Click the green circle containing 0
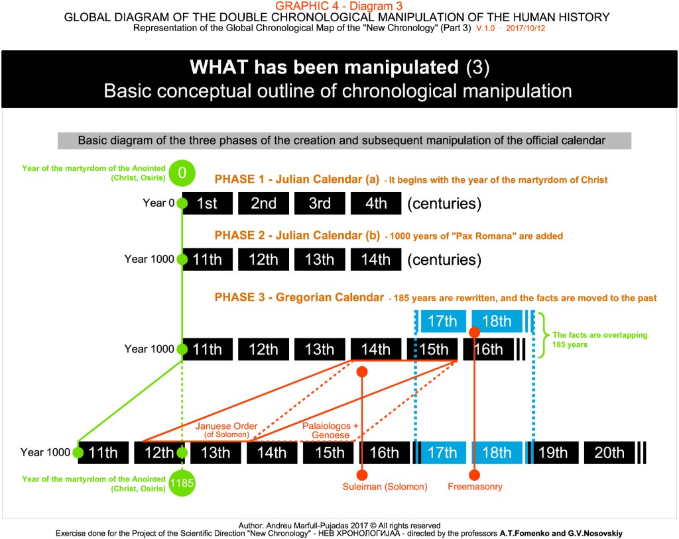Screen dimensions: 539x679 [182, 173]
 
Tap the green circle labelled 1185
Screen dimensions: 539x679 [182, 483]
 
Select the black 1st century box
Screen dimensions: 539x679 [208, 203]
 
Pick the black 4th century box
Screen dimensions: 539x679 [376, 203]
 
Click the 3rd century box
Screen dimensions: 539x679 [320, 203]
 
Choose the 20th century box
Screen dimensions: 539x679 [609, 453]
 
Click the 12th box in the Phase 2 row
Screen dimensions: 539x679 [263, 259]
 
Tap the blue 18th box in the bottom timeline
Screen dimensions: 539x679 [497, 453]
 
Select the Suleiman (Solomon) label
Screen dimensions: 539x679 [385, 487]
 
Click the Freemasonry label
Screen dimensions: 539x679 [475, 487]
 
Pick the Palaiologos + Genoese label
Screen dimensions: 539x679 [330, 430]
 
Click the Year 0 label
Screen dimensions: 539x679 [158, 203]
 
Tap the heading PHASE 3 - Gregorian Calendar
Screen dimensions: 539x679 [299, 297]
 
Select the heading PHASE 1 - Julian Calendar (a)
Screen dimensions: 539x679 [296, 179]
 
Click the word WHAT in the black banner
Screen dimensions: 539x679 [219, 67]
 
